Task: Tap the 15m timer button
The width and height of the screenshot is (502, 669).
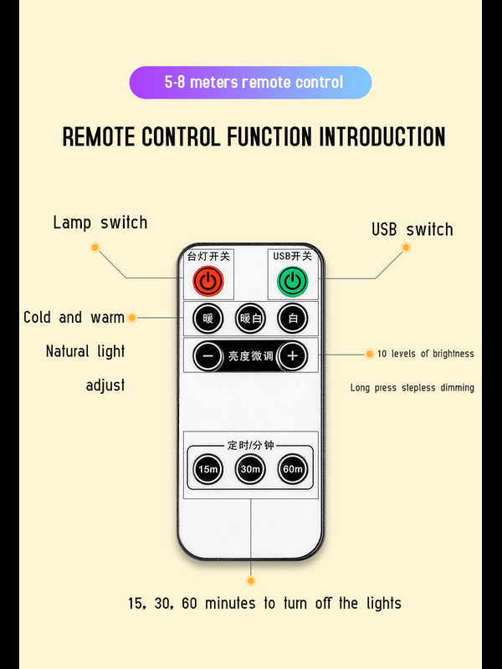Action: (x=208, y=469)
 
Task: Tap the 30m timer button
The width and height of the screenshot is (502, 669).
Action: (x=250, y=469)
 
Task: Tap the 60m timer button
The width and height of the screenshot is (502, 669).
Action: (x=292, y=469)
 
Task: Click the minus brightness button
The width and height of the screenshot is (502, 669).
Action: (x=208, y=356)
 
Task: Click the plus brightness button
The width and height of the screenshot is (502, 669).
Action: (x=292, y=356)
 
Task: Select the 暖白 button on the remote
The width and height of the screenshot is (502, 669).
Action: (x=250, y=318)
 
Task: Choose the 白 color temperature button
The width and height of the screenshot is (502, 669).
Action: (x=293, y=318)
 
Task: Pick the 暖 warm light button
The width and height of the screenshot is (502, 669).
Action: (x=208, y=318)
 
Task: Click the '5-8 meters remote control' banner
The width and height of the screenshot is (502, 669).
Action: (x=250, y=83)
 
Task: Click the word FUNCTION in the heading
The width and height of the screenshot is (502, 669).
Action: (x=272, y=137)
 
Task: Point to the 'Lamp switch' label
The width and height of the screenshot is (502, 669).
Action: (x=100, y=222)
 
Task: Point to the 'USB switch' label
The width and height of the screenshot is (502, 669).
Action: (x=412, y=229)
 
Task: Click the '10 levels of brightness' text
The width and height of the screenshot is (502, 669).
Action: (x=425, y=354)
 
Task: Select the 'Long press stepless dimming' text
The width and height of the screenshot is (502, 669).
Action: (x=412, y=387)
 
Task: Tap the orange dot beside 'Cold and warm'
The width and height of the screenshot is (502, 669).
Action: (x=131, y=318)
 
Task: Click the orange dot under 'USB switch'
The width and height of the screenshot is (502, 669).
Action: (x=406, y=248)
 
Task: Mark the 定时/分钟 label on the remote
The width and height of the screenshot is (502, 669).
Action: (x=250, y=445)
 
